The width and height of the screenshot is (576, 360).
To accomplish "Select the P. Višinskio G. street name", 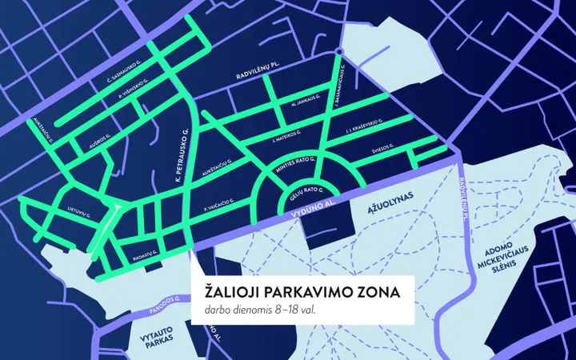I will click(134, 93).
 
